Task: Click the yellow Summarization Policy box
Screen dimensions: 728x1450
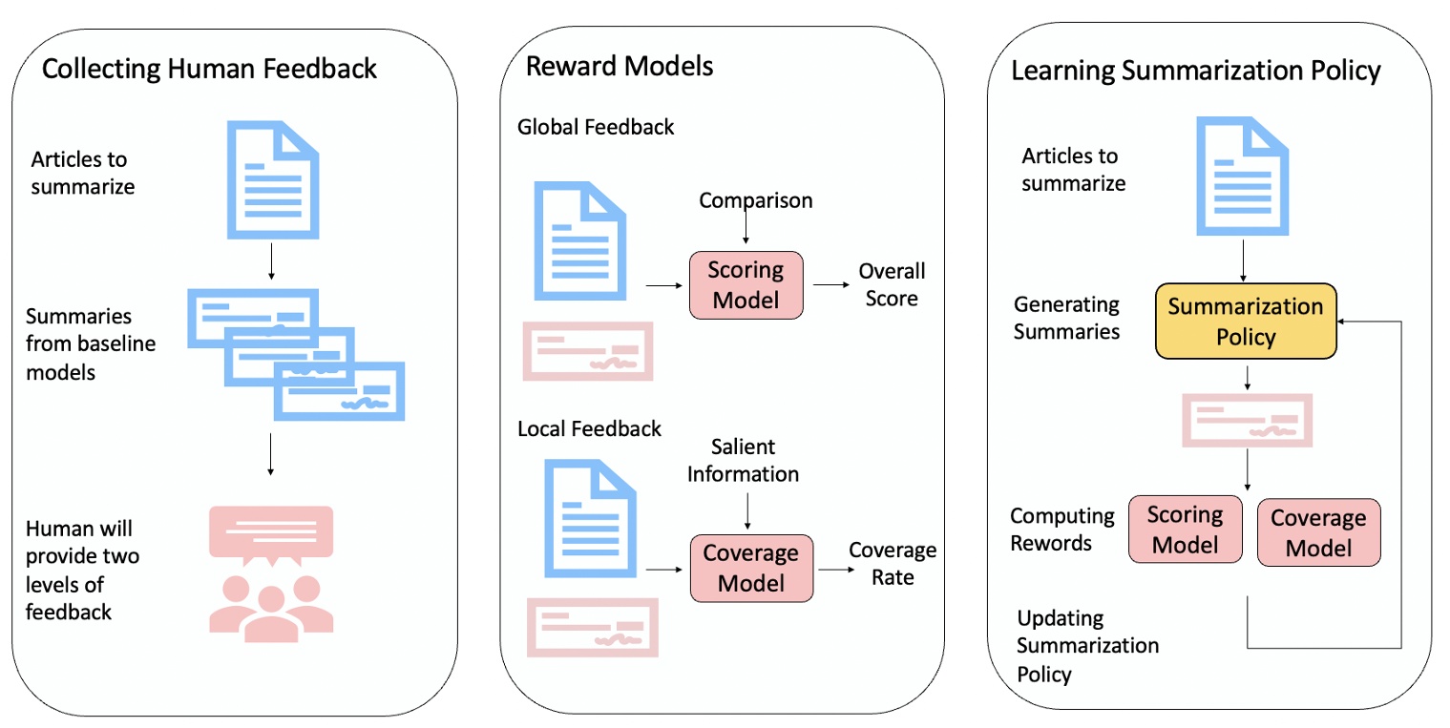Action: (1246, 322)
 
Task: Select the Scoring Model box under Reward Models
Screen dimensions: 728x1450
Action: (745, 284)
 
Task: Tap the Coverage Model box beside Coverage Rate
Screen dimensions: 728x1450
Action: (750, 568)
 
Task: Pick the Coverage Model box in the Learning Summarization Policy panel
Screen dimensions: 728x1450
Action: (1318, 532)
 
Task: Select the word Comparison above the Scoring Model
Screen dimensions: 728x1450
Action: (756, 200)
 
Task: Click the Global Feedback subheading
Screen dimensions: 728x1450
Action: (596, 127)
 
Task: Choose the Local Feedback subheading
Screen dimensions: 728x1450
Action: (589, 428)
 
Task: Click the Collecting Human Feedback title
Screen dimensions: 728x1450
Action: (210, 69)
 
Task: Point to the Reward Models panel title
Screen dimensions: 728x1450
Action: (620, 66)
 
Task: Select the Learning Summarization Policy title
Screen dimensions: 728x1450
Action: (1195, 71)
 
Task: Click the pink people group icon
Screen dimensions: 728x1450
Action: (271, 605)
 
